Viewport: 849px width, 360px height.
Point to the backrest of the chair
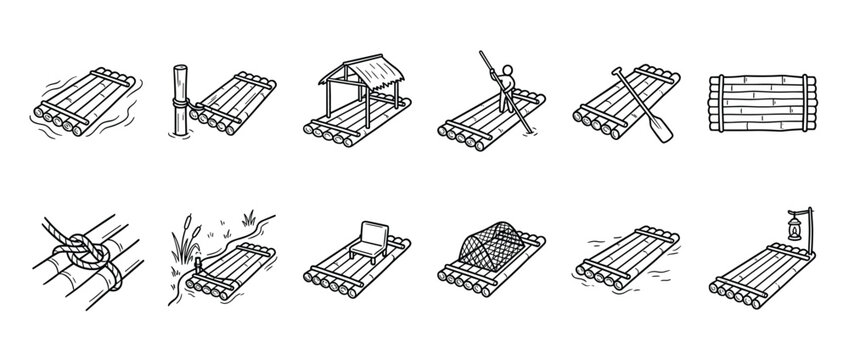click(x=372, y=236)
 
